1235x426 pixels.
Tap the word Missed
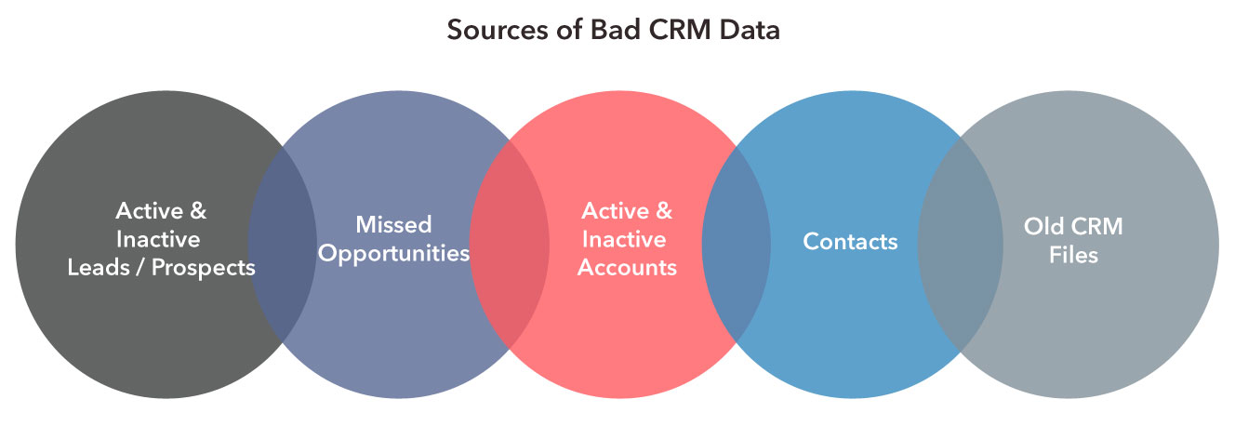click(393, 224)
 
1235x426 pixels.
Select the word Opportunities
click(393, 253)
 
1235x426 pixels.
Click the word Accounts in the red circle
click(627, 268)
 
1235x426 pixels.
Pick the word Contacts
click(850, 242)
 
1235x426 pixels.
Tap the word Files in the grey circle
click(1074, 254)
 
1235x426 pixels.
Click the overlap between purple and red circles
click(510, 242)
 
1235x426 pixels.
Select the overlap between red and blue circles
click(736, 242)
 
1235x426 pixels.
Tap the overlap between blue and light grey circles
click(961, 242)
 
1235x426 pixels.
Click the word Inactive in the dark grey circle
click(160, 239)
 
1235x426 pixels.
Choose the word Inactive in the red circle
click(623, 239)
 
